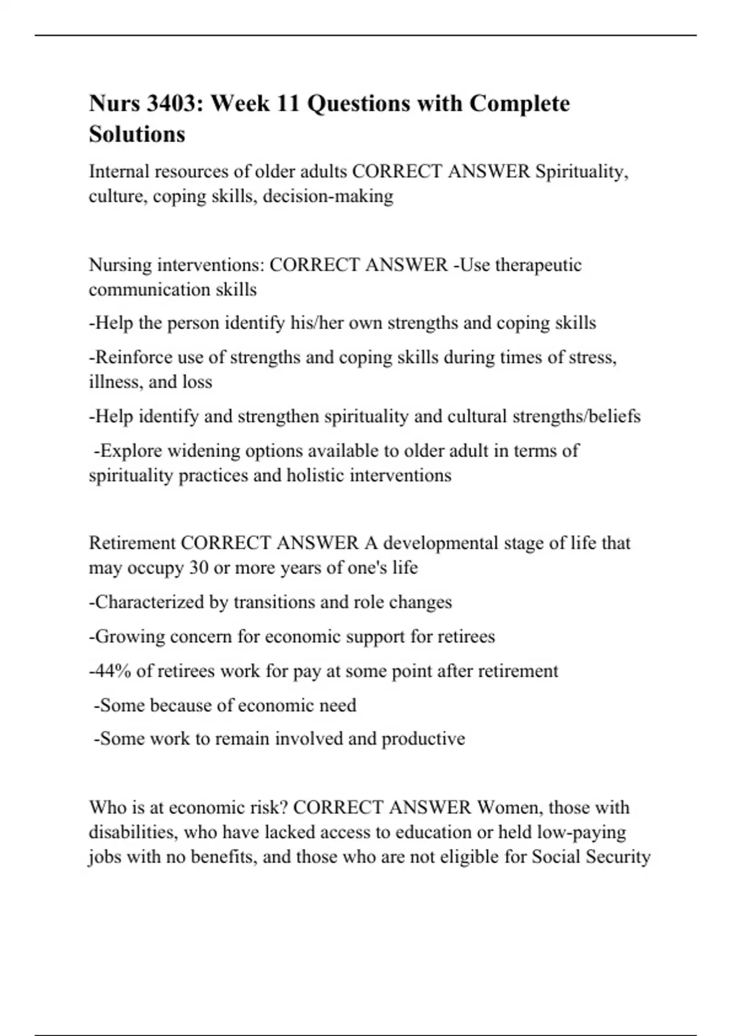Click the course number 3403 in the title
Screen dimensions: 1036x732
click(169, 104)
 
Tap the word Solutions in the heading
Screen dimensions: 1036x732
click(137, 134)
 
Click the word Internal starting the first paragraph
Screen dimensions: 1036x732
click(119, 172)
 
